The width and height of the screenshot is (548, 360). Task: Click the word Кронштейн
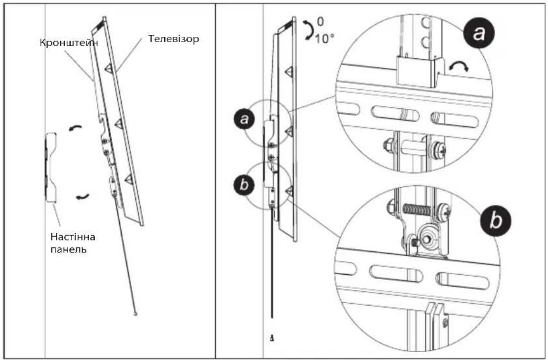pos(69,43)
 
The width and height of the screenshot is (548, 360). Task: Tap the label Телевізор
pos(174,38)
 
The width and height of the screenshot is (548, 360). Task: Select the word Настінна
pos(73,237)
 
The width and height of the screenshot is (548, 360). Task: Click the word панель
pos(69,250)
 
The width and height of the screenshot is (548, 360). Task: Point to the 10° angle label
pos(324,38)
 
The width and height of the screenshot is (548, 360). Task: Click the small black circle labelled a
pos(244,120)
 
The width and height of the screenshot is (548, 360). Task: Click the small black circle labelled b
pos(244,184)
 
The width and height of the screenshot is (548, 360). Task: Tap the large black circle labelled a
pos(479,33)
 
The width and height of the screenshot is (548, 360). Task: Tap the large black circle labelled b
pos(495,220)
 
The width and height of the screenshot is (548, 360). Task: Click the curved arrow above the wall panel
pos(75,128)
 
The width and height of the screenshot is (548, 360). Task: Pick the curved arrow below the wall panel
pos(82,197)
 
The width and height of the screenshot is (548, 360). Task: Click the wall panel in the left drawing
pos(50,167)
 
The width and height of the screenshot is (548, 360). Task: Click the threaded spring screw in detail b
pos(416,210)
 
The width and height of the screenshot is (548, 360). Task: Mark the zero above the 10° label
pos(320,22)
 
